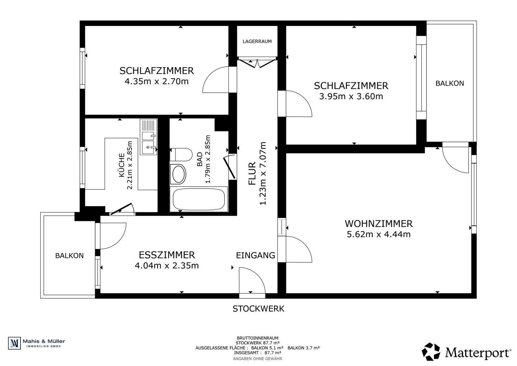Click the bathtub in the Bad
tap(199, 199)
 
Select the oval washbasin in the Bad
tap(179, 174)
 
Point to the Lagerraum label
tap(257, 41)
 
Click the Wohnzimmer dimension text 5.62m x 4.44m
tap(378, 235)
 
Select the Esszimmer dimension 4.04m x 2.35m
tap(167, 266)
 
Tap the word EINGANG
tap(255, 256)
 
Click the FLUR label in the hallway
tap(252, 174)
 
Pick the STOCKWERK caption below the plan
tap(258, 309)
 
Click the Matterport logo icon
tap(431, 351)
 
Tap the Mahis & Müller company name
tap(44, 341)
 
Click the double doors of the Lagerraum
tap(257, 63)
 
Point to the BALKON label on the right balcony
tap(450, 83)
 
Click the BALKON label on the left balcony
tap(69, 256)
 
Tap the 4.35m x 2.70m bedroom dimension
tap(157, 81)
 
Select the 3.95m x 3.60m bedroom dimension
tap(351, 96)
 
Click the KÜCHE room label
tap(122, 165)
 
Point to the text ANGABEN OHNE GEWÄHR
tap(257, 358)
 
